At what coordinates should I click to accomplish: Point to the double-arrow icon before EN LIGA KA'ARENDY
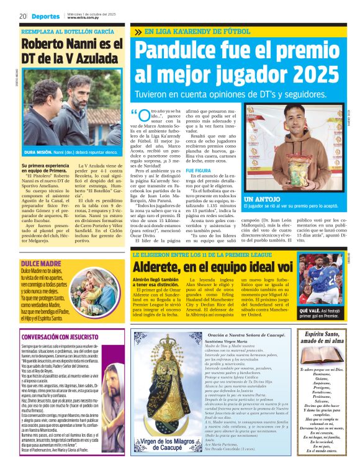(x=137, y=31)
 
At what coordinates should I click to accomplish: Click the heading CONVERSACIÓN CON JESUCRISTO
(x=63, y=337)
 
